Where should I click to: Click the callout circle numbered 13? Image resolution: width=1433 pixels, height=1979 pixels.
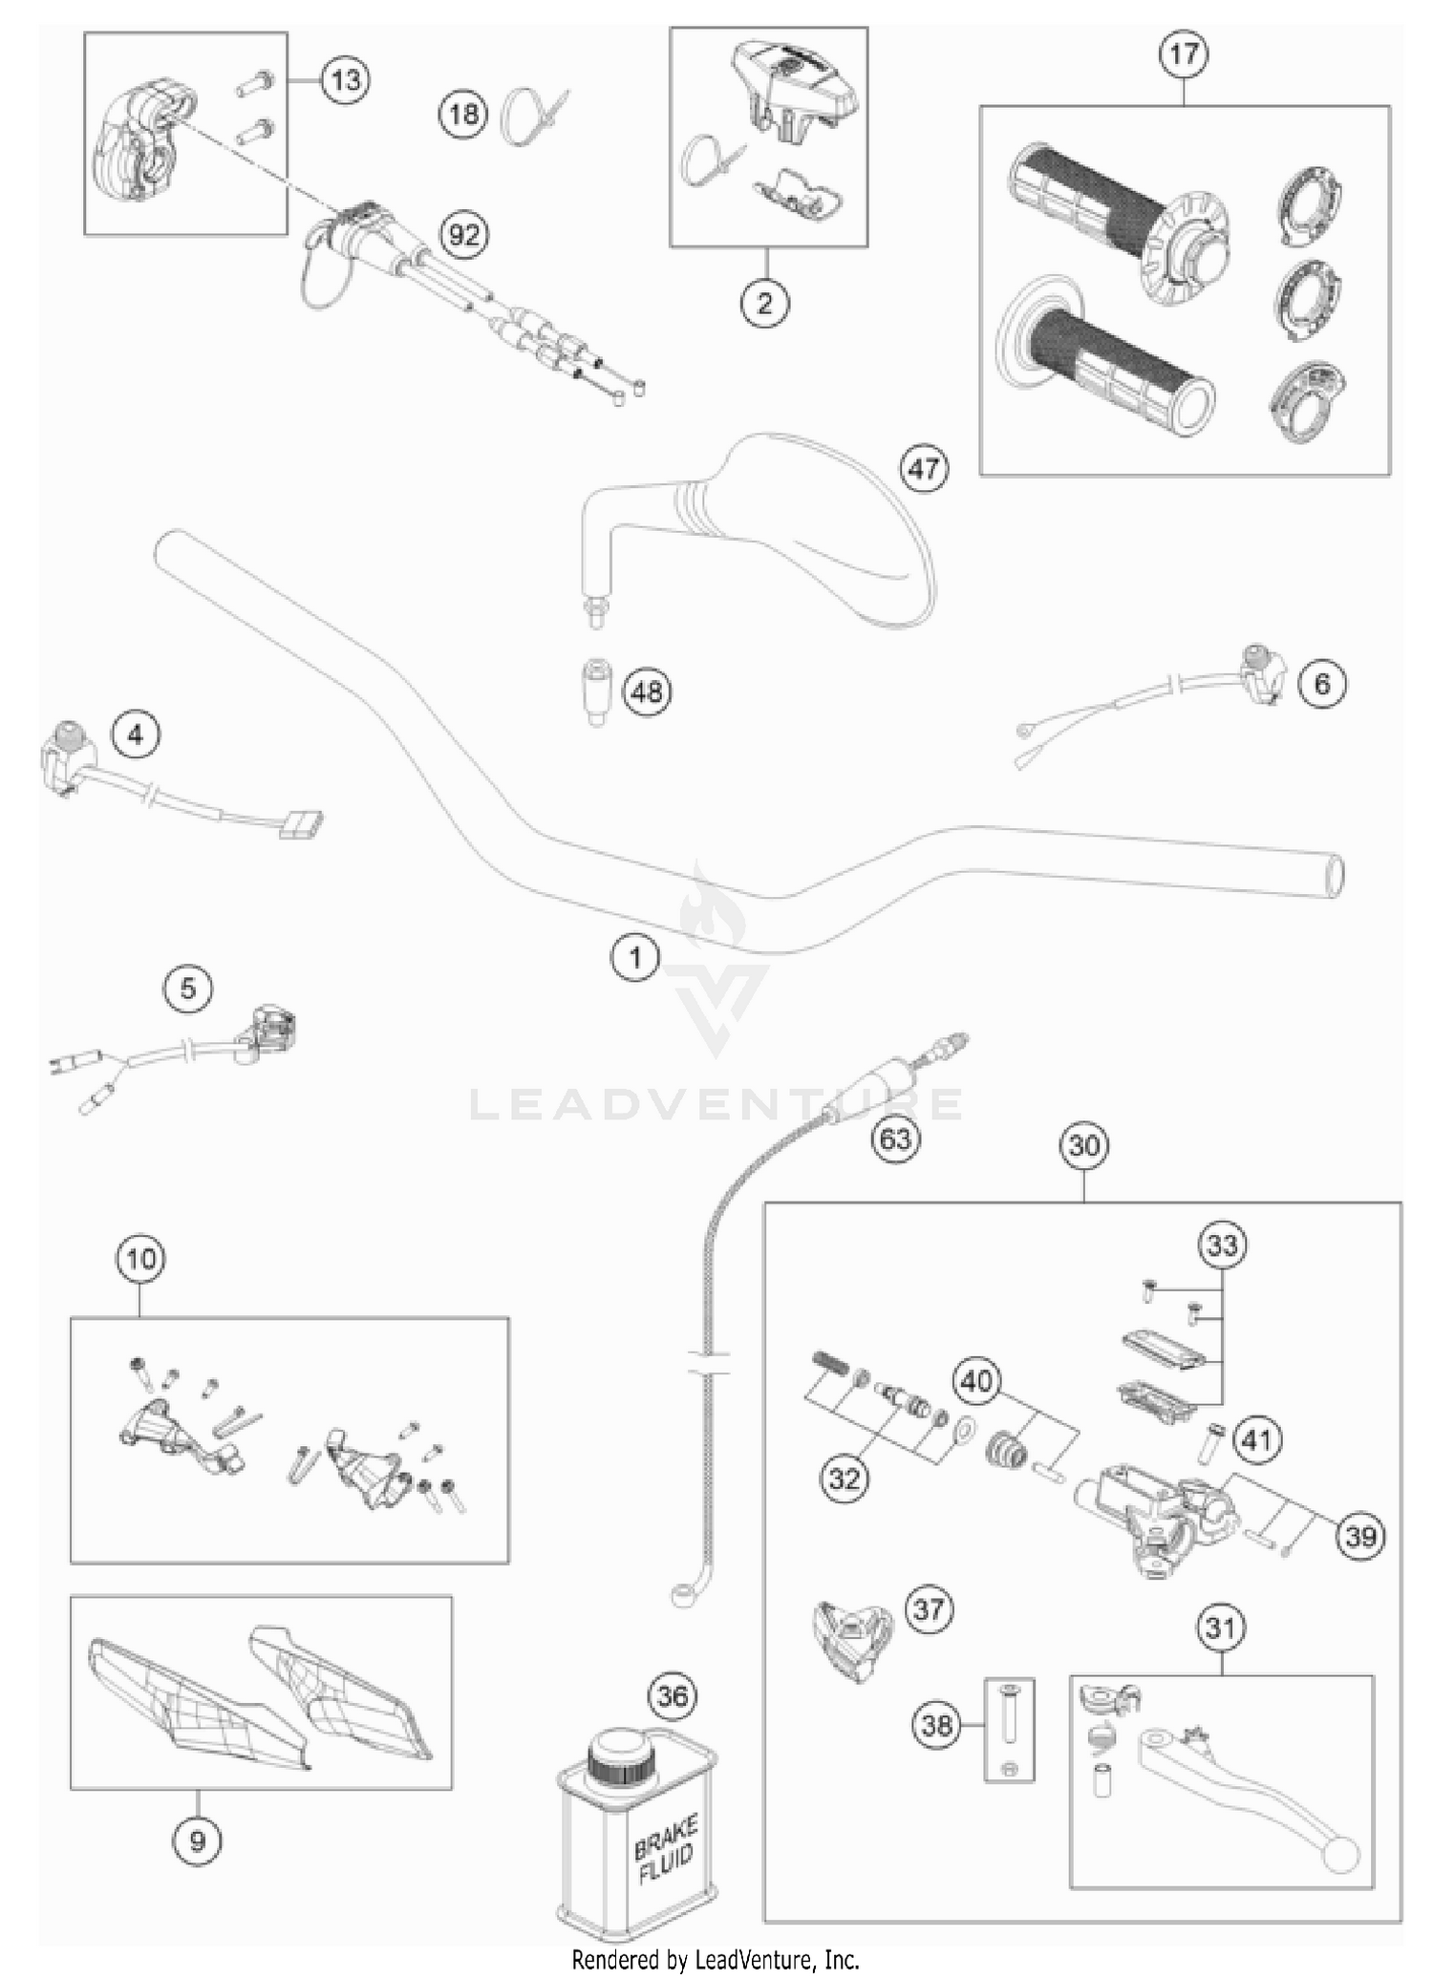[x=345, y=79]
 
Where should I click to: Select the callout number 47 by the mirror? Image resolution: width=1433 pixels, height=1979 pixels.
[x=924, y=469]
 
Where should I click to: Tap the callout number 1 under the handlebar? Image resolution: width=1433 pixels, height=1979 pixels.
[x=635, y=956]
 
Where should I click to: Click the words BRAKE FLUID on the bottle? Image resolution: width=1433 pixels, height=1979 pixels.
[x=666, y=1850]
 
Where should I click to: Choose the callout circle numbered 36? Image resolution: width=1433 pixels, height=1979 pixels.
[x=673, y=1695]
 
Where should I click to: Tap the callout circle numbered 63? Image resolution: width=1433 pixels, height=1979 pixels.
[x=895, y=1138]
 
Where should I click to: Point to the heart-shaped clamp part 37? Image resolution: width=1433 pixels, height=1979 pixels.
[x=850, y=1640]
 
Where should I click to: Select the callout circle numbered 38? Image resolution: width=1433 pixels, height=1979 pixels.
[x=937, y=1725]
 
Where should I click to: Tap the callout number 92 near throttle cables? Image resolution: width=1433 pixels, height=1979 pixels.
[x=463, y=234]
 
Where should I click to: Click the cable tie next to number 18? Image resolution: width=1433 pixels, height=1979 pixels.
[x=535, y=115]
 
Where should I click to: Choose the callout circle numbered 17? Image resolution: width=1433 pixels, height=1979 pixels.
[x=1184, y=53]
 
